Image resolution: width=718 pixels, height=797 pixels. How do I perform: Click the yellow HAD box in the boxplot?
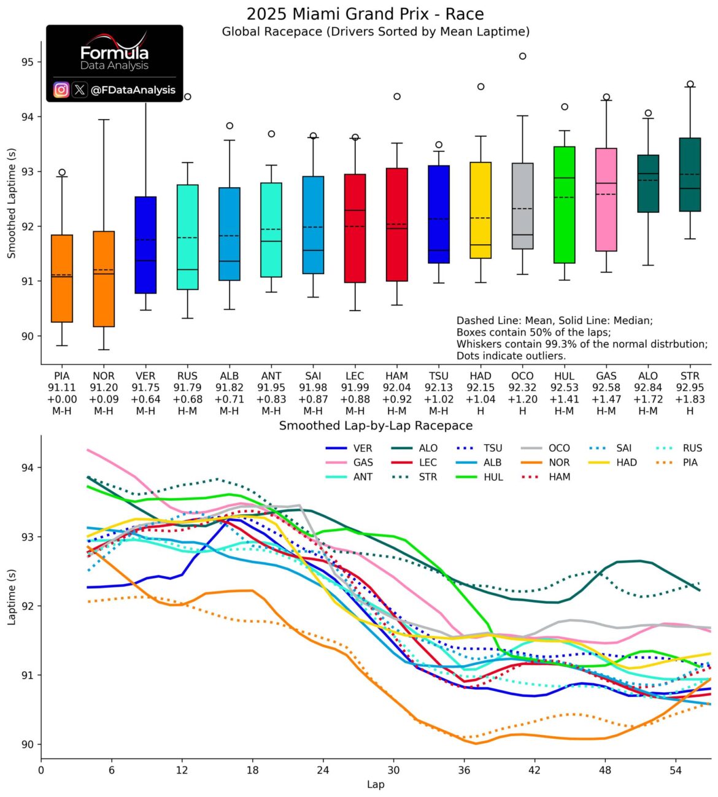481,210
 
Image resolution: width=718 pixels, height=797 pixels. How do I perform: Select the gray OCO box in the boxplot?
522,206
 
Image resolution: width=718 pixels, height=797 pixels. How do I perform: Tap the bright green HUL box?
564,204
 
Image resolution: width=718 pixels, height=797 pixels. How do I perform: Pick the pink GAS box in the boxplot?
606,199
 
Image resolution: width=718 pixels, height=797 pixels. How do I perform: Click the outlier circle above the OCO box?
522,56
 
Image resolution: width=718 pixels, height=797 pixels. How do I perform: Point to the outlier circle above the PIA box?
62,172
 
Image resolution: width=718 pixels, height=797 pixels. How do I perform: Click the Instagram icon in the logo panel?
61,90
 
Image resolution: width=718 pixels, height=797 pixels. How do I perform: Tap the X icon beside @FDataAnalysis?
80,90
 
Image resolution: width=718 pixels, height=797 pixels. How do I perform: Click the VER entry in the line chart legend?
349,448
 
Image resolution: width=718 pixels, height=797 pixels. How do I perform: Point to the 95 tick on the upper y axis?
28,63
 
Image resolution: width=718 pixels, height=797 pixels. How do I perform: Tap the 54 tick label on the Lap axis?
676,771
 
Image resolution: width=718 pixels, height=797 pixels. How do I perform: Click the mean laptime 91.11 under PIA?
61,387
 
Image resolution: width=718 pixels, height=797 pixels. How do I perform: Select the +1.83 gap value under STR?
690,399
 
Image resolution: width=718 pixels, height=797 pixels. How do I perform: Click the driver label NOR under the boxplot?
104,376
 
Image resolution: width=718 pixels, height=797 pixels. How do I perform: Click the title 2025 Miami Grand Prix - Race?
365,14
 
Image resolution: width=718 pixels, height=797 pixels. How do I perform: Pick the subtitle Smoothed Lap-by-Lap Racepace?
376,426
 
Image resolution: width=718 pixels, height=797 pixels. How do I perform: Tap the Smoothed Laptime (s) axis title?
11,204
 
